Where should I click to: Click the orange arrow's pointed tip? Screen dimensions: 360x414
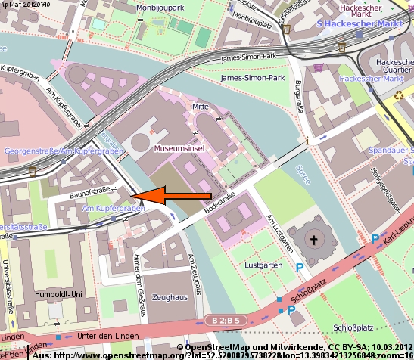pos(138,196)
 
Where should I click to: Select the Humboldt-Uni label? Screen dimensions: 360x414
pos(58,293)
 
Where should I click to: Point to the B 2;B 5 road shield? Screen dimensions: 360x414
pos(226,321)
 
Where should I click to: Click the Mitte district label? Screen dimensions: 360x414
pos(200,107)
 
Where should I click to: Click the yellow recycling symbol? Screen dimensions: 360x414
pos(399,95)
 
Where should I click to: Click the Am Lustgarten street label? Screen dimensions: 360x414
pos(279,232)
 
